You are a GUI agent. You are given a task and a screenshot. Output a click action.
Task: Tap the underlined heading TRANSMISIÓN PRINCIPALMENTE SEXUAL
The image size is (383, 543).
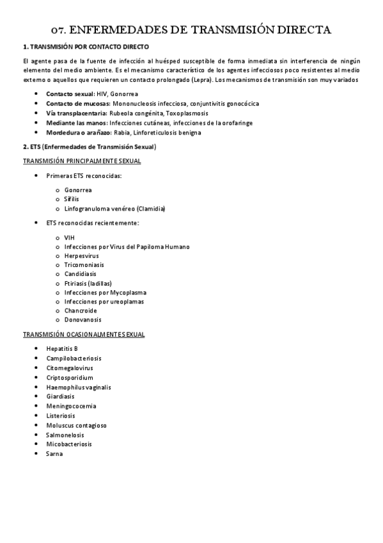pyautogui.click(x=82, y=161)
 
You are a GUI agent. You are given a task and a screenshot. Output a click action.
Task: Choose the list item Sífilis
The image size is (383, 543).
pyautogui.click(x=72, y=199)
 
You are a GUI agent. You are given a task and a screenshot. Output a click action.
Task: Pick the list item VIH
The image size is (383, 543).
pyautogui.click(x=70, y=238)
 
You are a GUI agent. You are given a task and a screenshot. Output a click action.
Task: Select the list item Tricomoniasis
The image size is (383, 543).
pyautogui.click(x=84, y=264)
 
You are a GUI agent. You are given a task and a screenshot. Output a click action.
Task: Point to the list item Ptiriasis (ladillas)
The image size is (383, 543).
pyautogui.click(x=88, y=283)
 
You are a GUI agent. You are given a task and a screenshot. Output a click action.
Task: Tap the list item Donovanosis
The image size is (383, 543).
pyautogui.click(x=82, y=320)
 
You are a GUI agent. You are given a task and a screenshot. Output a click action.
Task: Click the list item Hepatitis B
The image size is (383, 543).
pyautogui.click(x=62, y=348)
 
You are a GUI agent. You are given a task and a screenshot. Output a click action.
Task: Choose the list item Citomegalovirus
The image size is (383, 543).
pyautogui.click(x=69, y=368)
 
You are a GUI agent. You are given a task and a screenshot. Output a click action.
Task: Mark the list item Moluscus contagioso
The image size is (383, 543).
pyautogui.click(x=76, y=425)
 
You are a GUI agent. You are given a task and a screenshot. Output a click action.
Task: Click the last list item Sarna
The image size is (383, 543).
pyautogui.click(x=54, y=453)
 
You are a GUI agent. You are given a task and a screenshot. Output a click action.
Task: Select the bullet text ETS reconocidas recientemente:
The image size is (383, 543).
pyautogui.click(x=93, y=223)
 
